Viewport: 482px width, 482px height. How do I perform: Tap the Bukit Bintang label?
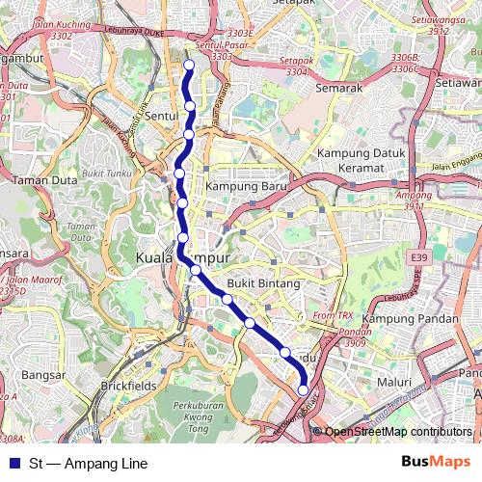coord(259,284)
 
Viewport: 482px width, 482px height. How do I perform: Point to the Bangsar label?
coord(42,375)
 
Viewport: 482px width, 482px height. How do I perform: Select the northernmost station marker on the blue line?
coord(189,66)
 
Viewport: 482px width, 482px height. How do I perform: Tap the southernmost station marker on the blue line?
coord(304,390)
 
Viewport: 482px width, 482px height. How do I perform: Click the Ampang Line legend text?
coord(89,464)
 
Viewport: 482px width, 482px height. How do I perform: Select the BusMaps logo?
coord(436,463)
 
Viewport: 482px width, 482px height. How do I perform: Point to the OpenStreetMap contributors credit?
coord(397,432)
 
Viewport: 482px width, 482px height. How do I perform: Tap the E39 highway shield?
coord(418,258)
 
